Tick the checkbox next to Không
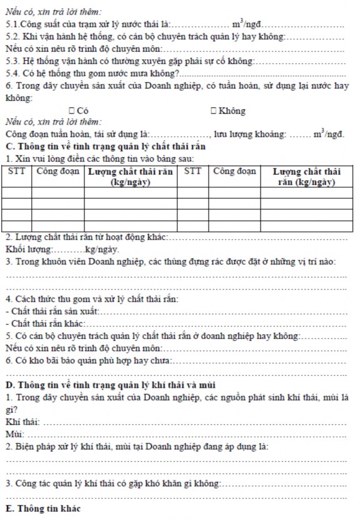pos(214,111)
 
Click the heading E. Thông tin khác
pos(43,507)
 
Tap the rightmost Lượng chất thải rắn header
pos(306,176)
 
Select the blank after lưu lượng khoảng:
pos(299,134)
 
